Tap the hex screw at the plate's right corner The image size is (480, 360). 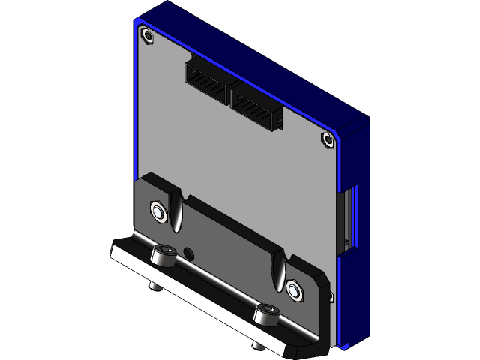pos(327,139)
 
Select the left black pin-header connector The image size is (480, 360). pos(205,82)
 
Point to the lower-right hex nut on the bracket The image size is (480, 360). pos(293,287)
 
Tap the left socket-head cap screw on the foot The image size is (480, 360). pos(163,255)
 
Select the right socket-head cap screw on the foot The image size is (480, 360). pos(266,313)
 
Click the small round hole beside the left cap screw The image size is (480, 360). pos(187,252)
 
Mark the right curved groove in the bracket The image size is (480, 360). pos(279,266)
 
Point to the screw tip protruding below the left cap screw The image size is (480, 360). pos(154,285)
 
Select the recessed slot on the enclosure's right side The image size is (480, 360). pos(349,217)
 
